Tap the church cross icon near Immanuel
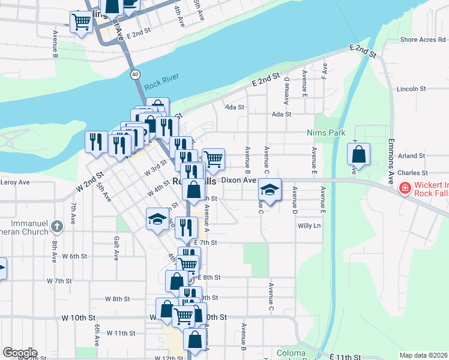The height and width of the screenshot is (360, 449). [x=56, y=226]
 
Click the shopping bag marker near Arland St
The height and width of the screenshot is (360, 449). [x=358, y=154]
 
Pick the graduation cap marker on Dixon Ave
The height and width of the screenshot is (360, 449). [x=270, y=190]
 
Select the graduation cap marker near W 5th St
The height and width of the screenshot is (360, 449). [x=157, y=218]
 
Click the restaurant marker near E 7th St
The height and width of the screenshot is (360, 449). [x=187, y=227]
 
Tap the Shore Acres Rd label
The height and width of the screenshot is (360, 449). [x=423, y=40]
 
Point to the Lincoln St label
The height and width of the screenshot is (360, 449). [x=411, y=89]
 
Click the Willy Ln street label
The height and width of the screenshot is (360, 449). [x=310, y=226]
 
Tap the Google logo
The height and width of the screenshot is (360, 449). [x=20, y=353]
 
